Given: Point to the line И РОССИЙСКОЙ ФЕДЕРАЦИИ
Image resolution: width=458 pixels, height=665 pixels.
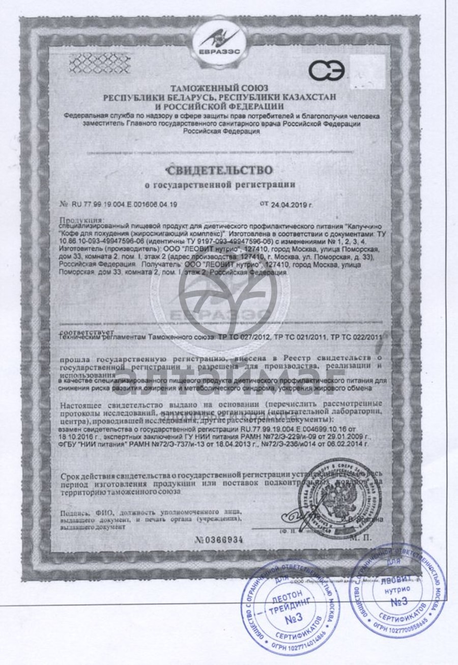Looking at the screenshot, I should pos(220,106).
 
